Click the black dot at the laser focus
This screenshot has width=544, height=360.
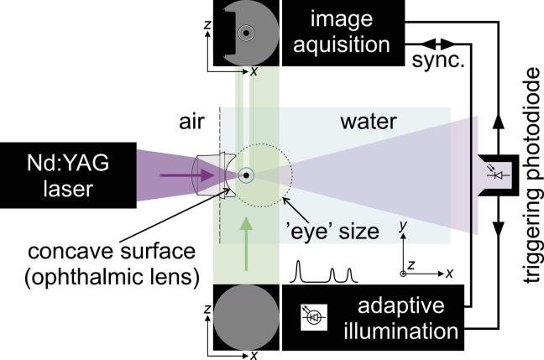(246, 175)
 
